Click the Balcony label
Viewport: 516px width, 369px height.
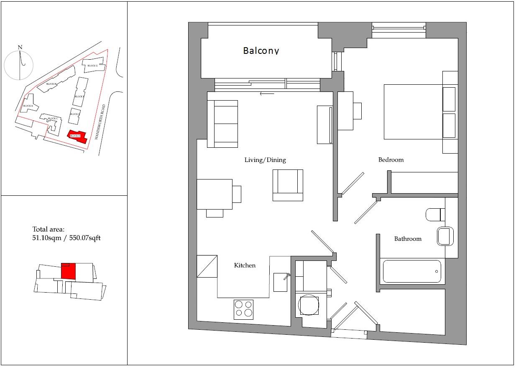[261, 51]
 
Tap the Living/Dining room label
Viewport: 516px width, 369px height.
[265, 160]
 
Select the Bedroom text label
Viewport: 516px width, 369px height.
[391, 160]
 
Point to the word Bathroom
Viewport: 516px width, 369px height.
[408, 239]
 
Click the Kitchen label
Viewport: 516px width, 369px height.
[245, 265]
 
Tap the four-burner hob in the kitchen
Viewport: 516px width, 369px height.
[244, 309]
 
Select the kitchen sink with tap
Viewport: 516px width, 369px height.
[280, 282]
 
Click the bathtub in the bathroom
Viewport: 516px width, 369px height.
[412, 271]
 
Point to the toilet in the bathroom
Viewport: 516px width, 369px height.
[435, 215]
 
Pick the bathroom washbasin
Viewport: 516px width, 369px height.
[444, 236]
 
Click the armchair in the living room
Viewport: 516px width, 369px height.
[288, 185]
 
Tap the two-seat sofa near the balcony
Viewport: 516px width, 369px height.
[225, 124]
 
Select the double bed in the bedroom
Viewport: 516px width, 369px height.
[414, 111]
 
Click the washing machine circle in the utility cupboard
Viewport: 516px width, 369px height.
[309, 306]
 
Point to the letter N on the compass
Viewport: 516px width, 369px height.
[20, 47]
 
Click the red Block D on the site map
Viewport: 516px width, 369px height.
[78, 136]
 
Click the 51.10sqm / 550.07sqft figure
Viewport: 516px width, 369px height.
[66, 238]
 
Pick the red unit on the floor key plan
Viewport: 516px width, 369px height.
[68, 270]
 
